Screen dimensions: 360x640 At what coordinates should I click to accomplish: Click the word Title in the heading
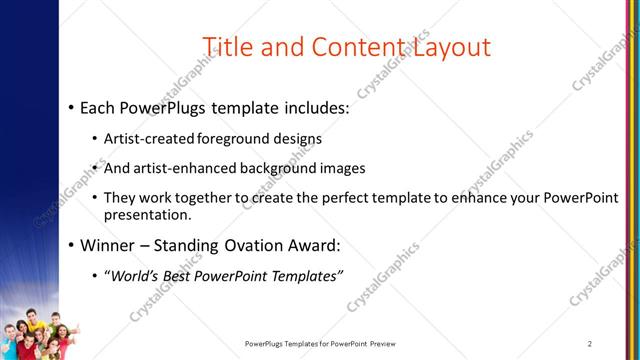click(x=229, y=46)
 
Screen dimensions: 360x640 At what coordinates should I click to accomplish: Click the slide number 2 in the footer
click(x=590, y=344)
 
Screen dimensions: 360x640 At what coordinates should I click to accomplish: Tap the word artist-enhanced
click(x=182, y=168)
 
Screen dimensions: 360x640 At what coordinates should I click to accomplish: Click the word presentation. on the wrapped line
click(x=149, y=215)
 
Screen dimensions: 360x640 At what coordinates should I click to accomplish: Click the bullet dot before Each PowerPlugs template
click(x=71, y=107)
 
